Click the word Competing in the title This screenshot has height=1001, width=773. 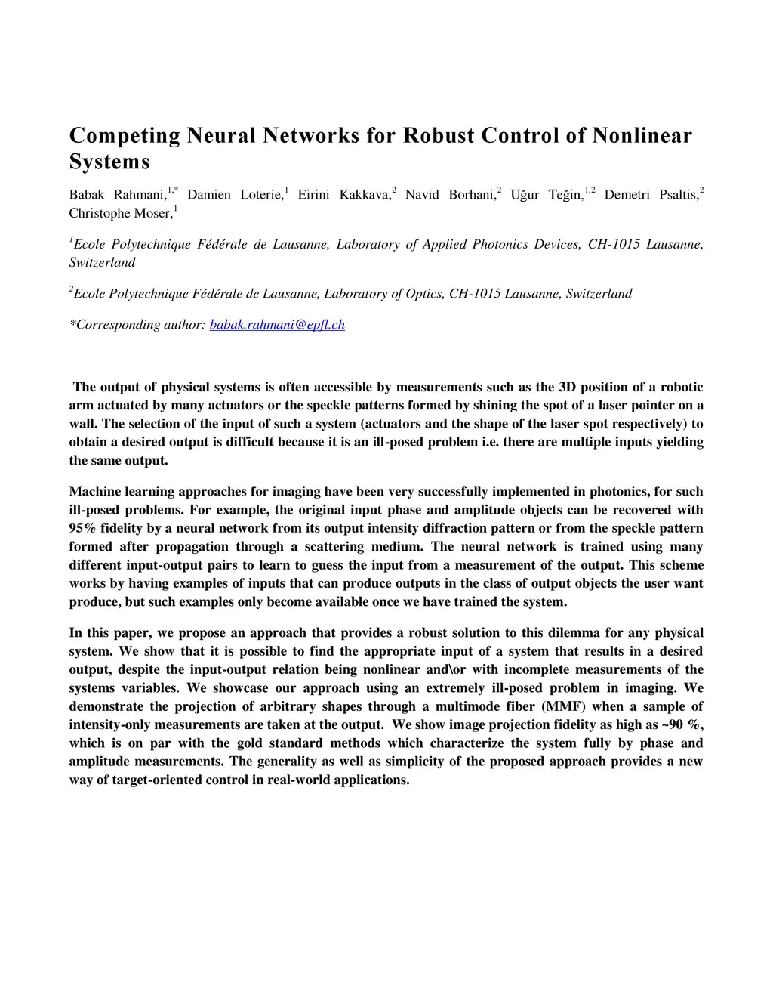point(125,137)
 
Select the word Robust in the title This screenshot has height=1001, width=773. point(438,136)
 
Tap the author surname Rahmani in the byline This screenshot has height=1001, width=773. point(140,195)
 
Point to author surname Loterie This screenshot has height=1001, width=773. point(260,195)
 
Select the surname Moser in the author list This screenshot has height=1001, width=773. point(153,214)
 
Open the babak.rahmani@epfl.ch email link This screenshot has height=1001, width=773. point(276,325)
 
